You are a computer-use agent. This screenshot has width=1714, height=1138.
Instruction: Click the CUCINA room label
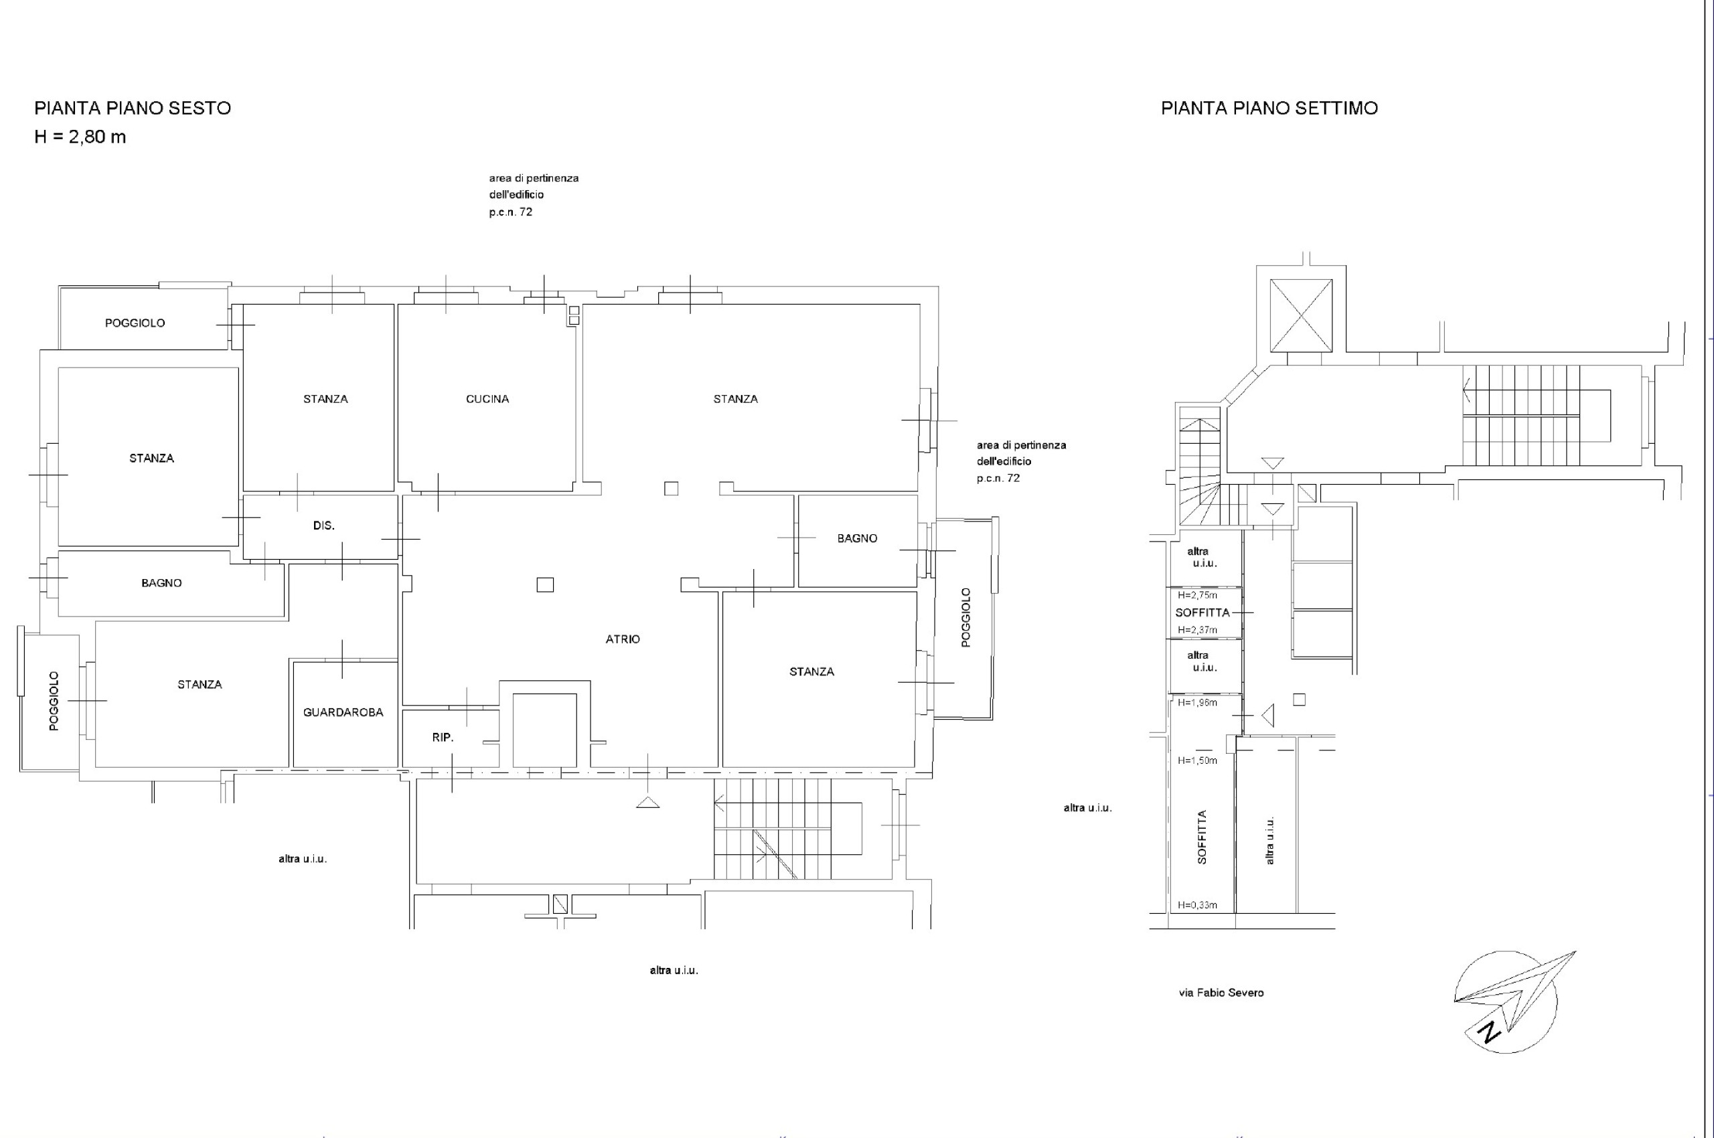tap(487, 398)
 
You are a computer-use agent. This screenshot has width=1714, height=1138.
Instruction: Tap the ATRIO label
tap(623, 639)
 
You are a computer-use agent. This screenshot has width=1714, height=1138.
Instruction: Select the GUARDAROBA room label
tap(343, 712)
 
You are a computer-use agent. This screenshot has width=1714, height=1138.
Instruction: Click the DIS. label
tap(324, 525)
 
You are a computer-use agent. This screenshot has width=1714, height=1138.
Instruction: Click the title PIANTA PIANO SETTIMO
tap(1269, 108)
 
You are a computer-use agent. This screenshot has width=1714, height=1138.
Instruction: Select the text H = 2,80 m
tap(80, 137)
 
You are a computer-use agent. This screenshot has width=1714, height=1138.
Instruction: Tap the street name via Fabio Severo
tap(1221, 992)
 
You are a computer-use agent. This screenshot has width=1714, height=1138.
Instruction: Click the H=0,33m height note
tap(1197, 905)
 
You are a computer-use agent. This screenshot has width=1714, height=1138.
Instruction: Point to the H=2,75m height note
tap(1197, 595)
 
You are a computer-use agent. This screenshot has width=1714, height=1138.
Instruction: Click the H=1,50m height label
tap(1197, 760)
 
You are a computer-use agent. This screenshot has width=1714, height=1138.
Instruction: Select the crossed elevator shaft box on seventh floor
tap(1301, 316)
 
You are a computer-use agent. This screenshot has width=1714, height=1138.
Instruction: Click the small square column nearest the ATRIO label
tap(545, 584)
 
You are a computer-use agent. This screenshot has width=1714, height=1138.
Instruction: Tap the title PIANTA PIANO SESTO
tap(133, 108)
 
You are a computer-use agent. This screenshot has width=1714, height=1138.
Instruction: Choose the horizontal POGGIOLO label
tap(135, 323)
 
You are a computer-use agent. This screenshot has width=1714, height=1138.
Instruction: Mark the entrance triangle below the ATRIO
tap(648, 802)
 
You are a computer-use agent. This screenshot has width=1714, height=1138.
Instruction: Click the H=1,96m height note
tap(1197, 702)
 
